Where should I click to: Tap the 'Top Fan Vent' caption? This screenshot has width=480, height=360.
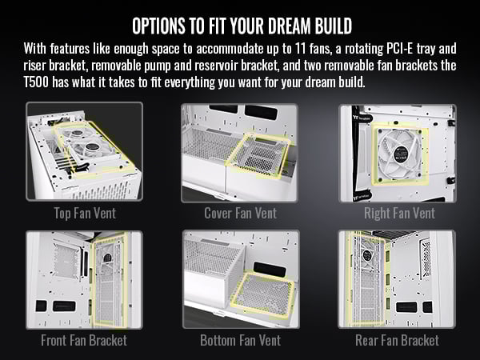point(84,214)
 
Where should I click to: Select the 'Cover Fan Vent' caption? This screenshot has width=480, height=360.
point(240,214)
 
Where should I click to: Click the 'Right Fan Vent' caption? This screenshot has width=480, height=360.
point(398,214)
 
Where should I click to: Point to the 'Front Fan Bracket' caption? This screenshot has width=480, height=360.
point(84,340)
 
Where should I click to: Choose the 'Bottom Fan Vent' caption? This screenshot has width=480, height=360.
point(240,340)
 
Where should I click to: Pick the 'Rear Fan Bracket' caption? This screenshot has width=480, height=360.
point(398,340)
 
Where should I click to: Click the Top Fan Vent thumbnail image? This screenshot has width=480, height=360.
point(84,151)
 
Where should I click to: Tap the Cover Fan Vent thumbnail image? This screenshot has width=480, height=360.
point(240,151)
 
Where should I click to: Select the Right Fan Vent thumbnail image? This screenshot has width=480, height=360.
point(398,151)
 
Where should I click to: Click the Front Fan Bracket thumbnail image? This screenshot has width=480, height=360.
point(84,279)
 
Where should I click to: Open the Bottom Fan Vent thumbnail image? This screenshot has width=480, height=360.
point(240,279)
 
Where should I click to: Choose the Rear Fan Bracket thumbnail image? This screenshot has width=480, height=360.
point(398,279)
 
